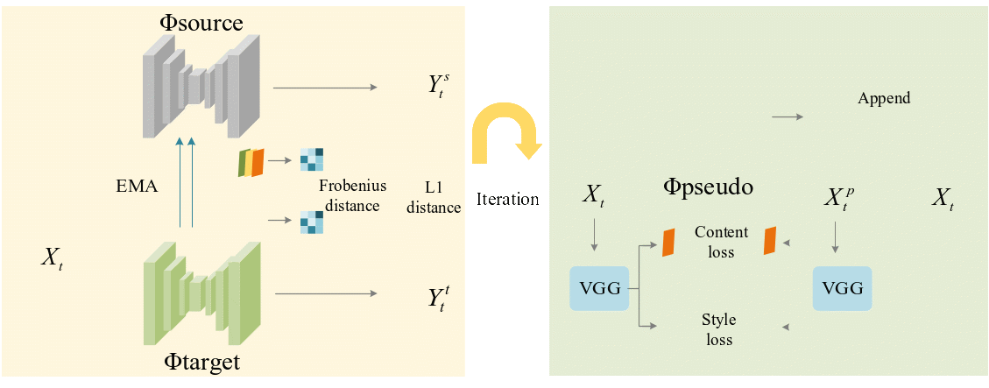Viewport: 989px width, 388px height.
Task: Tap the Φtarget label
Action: tap(202, 361)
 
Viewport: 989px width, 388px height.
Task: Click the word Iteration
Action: tap(507, 199)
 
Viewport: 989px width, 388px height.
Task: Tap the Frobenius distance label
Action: tap(349, 195)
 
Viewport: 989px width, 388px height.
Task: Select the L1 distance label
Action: tap(440, 197)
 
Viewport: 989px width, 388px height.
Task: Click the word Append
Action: tap(884, 98)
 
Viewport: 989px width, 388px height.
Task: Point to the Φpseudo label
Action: tap(708, 187)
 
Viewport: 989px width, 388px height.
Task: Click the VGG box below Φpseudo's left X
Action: tap(599, 287)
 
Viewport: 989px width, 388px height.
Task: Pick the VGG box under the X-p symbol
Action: tap(843, 287)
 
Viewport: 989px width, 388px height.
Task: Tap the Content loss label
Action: tap(721, 242)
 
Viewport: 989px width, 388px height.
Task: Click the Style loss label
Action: tap(719, 329)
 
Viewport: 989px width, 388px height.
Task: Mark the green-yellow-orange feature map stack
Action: tap(251, 163)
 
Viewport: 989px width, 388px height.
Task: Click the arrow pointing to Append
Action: tap(786, 116)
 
